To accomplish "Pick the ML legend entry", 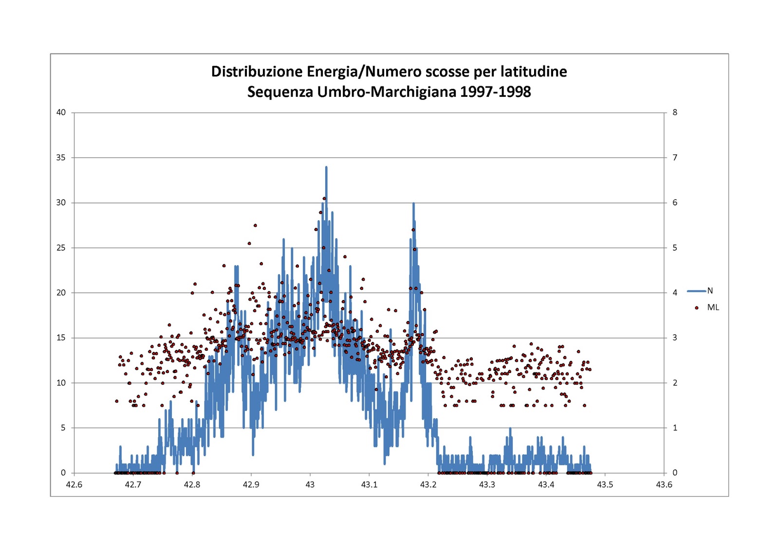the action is coord(706,307).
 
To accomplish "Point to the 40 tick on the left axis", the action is coord(61,112).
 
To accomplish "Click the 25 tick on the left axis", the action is coord(61,248).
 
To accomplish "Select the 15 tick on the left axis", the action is coord(61,337).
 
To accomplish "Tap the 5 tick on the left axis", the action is coord(63,428).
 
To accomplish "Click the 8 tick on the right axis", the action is coord(675,112).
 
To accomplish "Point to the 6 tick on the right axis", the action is coord(675,203).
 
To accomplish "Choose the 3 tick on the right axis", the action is coord(675,337).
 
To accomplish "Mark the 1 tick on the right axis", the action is coord(675,428).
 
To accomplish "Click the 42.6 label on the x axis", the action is coord(74,485).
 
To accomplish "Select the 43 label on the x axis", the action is coord(310,485).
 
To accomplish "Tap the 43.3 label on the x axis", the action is coord(487,485).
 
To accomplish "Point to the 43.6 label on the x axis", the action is coord(664,485).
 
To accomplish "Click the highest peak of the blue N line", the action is coord(326,167).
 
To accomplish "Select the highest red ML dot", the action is coord(324,198).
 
